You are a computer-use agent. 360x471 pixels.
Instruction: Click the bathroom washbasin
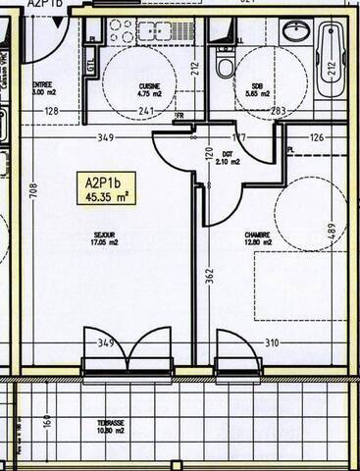(296, 30)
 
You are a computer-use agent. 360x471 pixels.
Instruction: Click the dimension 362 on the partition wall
(209, 278)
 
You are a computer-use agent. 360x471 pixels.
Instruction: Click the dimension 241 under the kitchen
(145, 111)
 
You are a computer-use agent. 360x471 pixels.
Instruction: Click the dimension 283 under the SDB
(279, 111)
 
